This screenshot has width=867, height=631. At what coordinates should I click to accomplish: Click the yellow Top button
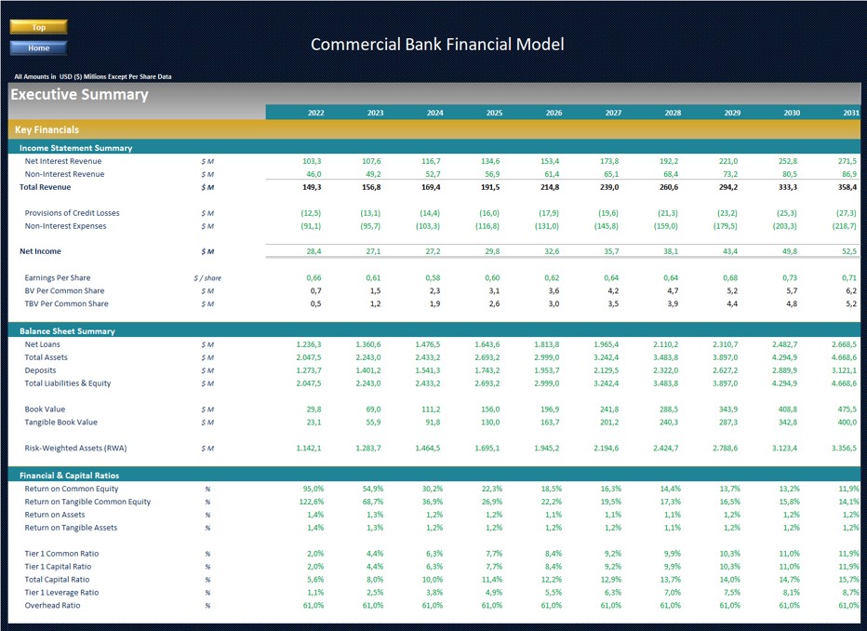pyautogui.click(x=38, y=28)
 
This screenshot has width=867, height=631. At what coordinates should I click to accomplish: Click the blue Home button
pyautogui.click(x=38, y=48)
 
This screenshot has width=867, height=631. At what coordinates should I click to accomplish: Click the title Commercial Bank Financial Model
pyautogui.click(x=436, y=45)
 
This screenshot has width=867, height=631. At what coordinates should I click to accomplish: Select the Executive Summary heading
pyautogui.click(x=79, y=95)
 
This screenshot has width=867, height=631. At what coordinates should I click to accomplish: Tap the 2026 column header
pyautogui.click(x=554, y=113)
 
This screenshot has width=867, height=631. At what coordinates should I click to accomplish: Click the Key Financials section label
pyautogui.click(x=47, y=130)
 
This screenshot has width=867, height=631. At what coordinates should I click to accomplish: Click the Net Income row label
pyautogui.click(x=41, y=251)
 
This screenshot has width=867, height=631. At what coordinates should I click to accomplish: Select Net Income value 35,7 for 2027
pyautogui.click(x=610, y=251)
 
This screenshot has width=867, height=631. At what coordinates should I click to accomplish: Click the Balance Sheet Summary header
pyautogui.click(x=67, y=331)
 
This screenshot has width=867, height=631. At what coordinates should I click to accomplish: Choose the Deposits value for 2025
pyautogui.click(x=487, y=370)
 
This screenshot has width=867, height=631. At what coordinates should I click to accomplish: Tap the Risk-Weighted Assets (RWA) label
pyautogui.click(x=75, y=449)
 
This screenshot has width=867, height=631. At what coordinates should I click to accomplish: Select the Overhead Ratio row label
pyautogui.click(x=52, y=606)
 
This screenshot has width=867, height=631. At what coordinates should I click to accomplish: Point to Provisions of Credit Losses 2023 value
pyautogui.click(x=370, y=213)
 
